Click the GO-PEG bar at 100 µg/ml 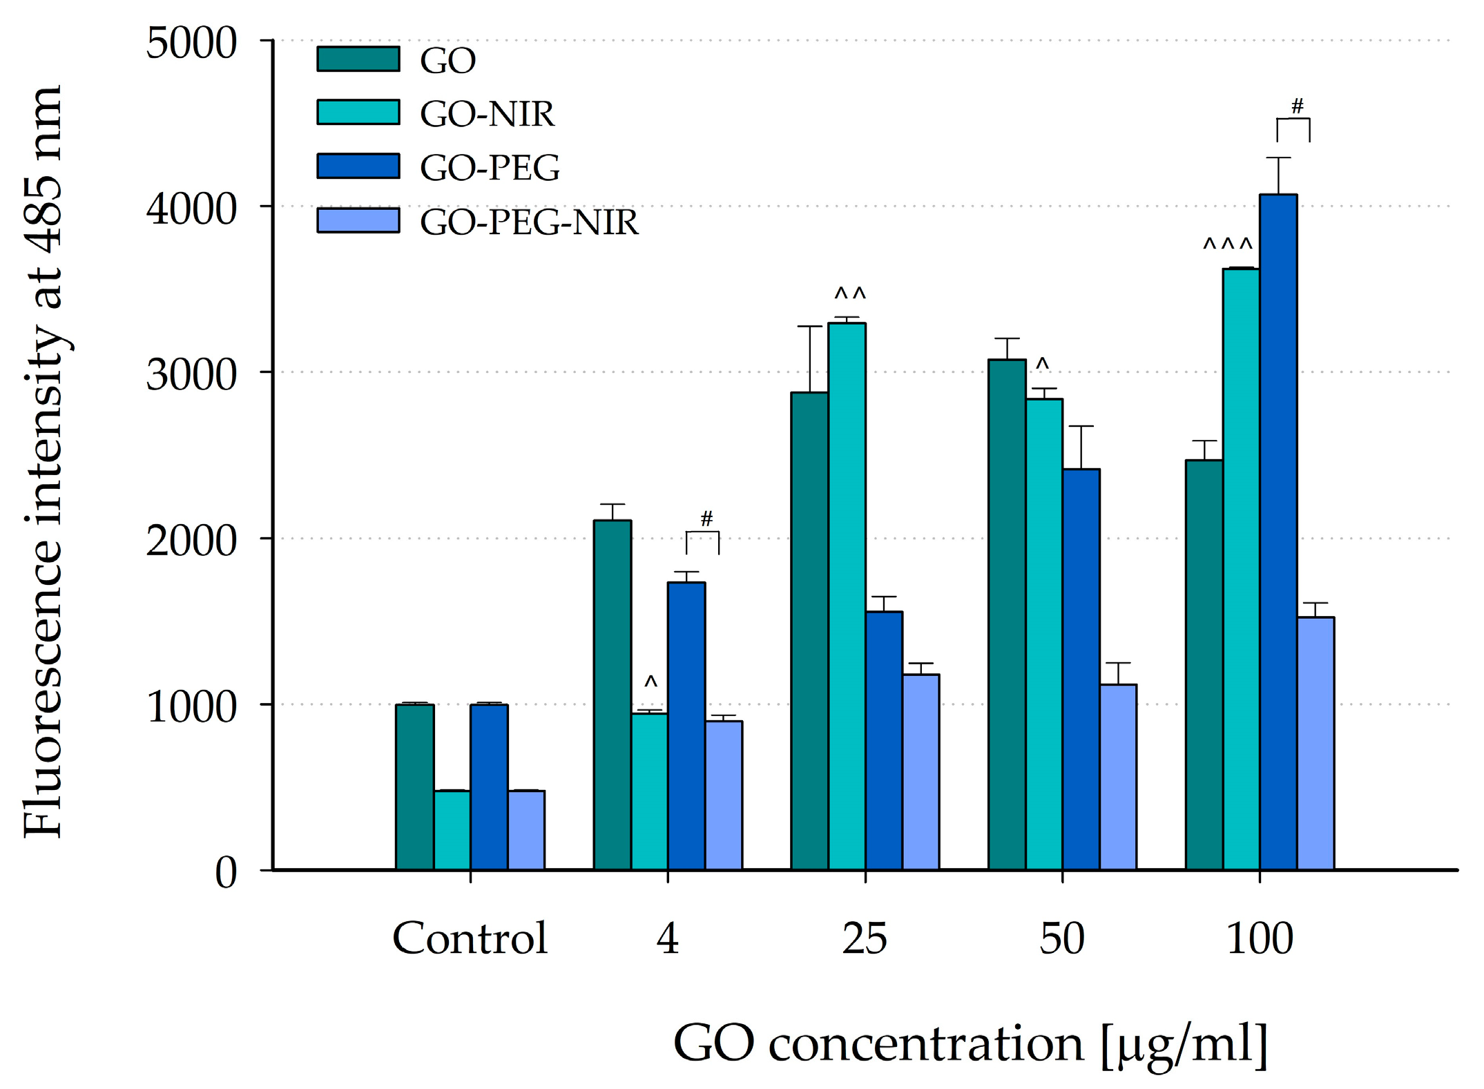(1278, 532)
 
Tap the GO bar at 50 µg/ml (1007, 615)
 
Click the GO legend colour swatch (358, 59)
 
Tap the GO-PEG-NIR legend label (529, 222)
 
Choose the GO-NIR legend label (487, 114)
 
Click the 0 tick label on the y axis (226, 872)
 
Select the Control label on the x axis (470, 938)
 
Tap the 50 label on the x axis (1061, 938)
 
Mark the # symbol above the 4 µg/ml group (706, 519)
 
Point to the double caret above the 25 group (849, 295)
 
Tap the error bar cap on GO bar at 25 (809, 326)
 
